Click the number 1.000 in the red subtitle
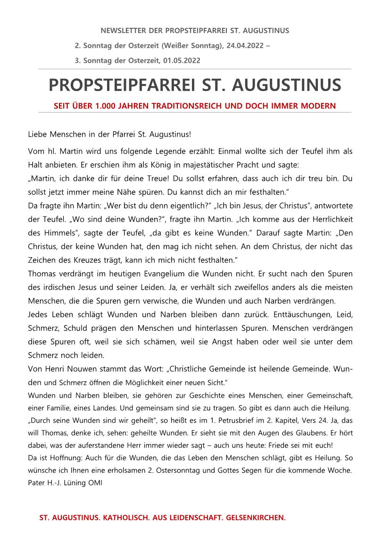[x=107, y=106]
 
